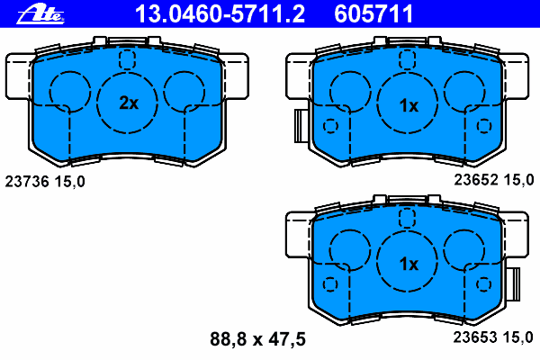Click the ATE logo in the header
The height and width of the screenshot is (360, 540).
pyautogui.click(x=40, y=15)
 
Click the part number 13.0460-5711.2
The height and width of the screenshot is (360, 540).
pyautogui.click(x=220, y=14)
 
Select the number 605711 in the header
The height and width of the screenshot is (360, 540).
pyautogui.click(x=373, y=14)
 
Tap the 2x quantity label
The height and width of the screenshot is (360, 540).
pyautogui.click(x=129, y=103)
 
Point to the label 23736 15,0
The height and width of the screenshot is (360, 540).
pyautogui.click(x=45, y=182)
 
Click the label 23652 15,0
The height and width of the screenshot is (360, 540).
pyautogui.click(x=494, y=180)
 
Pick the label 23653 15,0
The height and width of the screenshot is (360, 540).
pyautogui.click(x=493, y=337)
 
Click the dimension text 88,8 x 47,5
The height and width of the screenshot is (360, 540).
pyautogui.click(x=258, y=339)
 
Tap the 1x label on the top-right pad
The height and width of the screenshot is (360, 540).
pyautogui.click(x=409, y=105)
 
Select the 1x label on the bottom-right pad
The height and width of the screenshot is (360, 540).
pyautogui.click(x=409, y=264)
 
